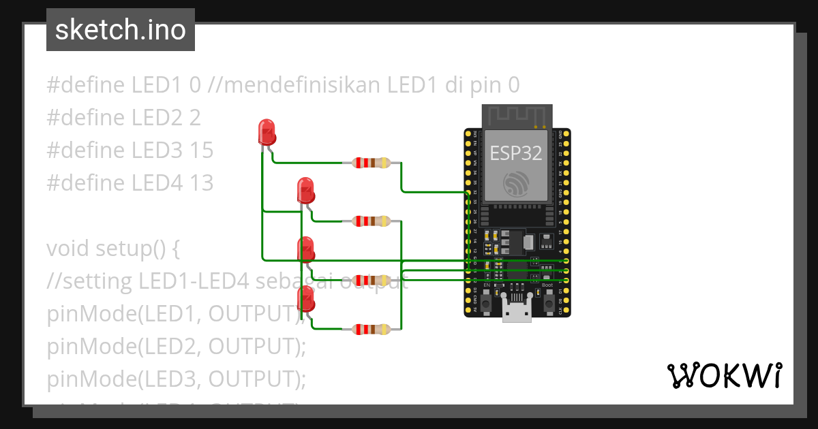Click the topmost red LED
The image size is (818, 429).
[x=267, y=131]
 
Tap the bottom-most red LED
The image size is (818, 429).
[x=306, y=298]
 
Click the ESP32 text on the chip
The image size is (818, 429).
[x=516, y=153]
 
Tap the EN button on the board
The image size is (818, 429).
[x=486, y=300]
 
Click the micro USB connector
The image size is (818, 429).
[x=517, y=309]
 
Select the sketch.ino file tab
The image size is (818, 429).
[x=121, y=30]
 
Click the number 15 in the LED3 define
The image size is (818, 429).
[x=201, y=150]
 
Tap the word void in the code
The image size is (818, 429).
[x=67, y=249]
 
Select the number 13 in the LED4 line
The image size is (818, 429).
[x=201, y=183]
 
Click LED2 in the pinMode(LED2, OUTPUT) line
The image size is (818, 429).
[x=168, y=347]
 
